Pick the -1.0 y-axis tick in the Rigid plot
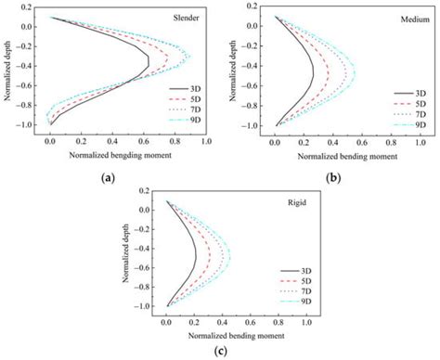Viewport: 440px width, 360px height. [x=152, y=306]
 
